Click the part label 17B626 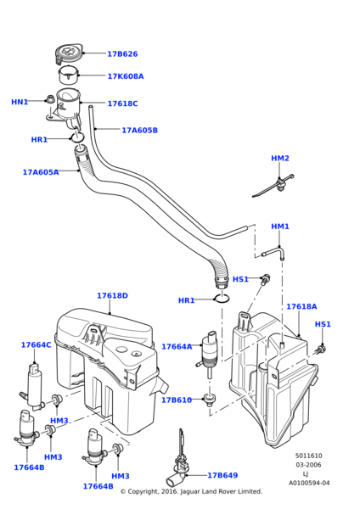[122, 54]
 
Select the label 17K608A [126, 76]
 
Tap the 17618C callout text [122, 103]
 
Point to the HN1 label [20, 102]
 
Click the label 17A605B [139, 131]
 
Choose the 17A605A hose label [41, 172]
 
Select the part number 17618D [112, 296]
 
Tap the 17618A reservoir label [301, 306]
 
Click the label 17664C [36, 345]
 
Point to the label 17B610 [177, 400]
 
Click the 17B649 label [222, 476]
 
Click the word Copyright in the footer [148, 491]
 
